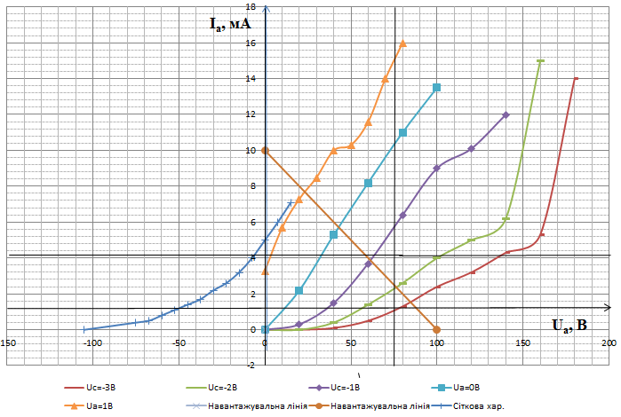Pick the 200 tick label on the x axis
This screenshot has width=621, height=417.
(x=609, y=342)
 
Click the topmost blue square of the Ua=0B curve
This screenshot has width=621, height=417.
(x=436, y=87)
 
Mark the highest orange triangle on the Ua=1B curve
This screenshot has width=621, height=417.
(x=402, y=43)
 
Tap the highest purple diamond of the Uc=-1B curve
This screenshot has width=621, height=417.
(x=506, y=114)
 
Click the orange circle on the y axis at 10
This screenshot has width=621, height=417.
(x=265, y=150)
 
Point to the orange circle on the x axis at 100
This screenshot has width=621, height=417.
(x=436, y=329)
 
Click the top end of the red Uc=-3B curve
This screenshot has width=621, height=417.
(x=576, y=78)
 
